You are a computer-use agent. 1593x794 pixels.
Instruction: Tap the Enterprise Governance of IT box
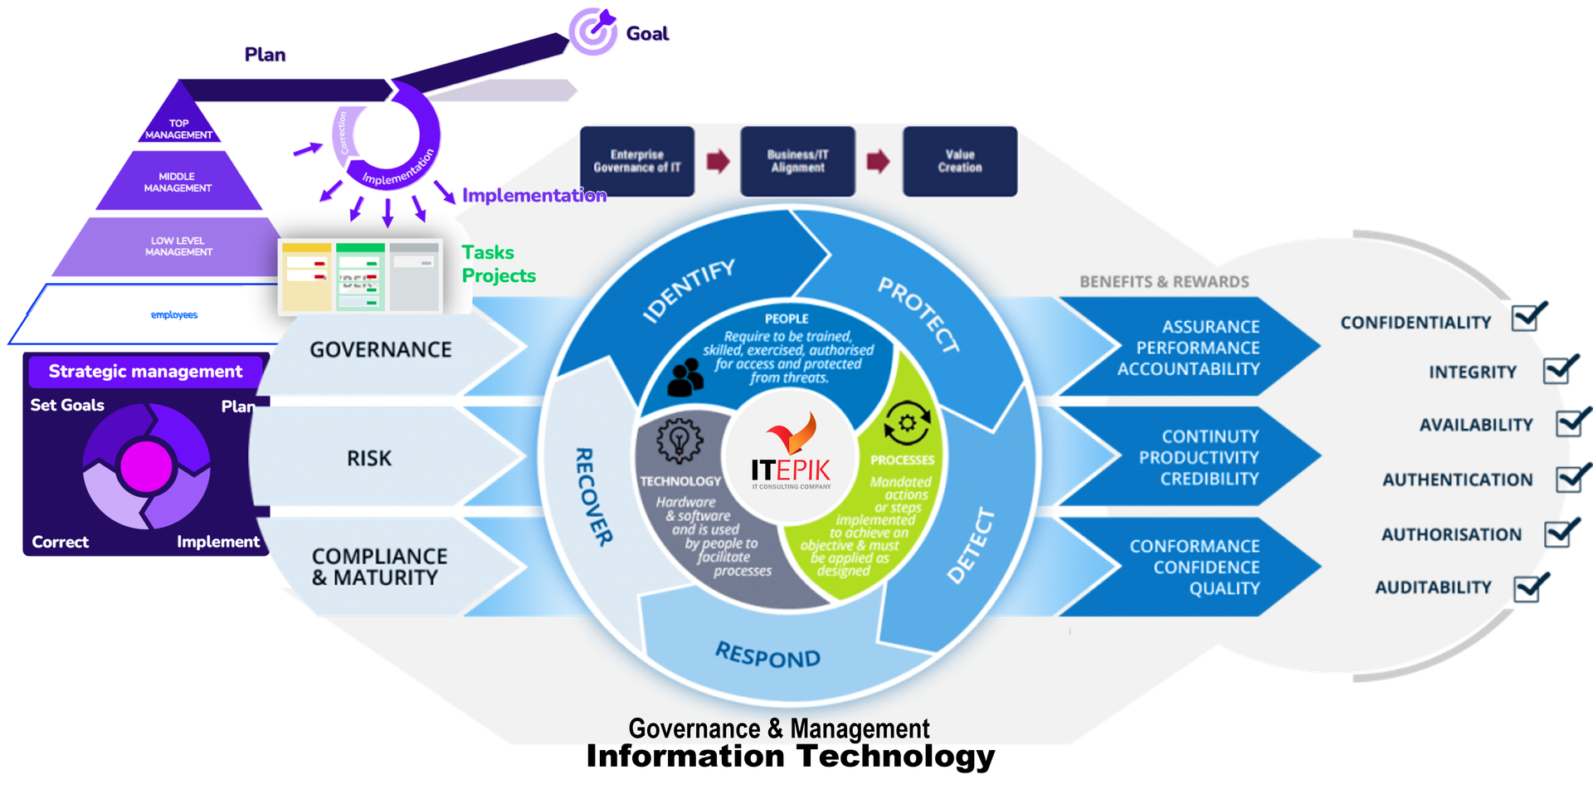click(x=636, y=161)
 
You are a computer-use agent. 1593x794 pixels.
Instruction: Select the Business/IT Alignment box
click(x=797, y=161)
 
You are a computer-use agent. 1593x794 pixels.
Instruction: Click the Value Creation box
click(x=960, y=161)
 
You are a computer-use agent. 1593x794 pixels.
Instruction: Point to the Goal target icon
click(x=593, y=31)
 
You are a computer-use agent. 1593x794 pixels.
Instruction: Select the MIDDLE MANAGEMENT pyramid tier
click(x=178, y=182)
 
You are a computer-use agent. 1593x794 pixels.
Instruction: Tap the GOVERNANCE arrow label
click(x=381, y=350)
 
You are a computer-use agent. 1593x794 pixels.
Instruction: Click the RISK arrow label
click(x=369, y=458)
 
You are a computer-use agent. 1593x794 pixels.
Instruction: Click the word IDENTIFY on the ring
click(x=689, y=290)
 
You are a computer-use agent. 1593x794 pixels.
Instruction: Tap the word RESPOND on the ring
click(x=767, y=656)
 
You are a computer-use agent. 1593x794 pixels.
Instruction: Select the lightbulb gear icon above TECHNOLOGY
click(x=680, y=440)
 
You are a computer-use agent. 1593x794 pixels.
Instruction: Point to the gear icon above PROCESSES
click(x=906, y=423)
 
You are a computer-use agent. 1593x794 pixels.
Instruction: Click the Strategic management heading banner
click(x=145, y=372)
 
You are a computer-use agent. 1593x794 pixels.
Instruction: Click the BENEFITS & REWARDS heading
click(x=1164, y=282)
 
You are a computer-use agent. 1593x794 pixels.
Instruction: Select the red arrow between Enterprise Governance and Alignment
click(x=718, y=161)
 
